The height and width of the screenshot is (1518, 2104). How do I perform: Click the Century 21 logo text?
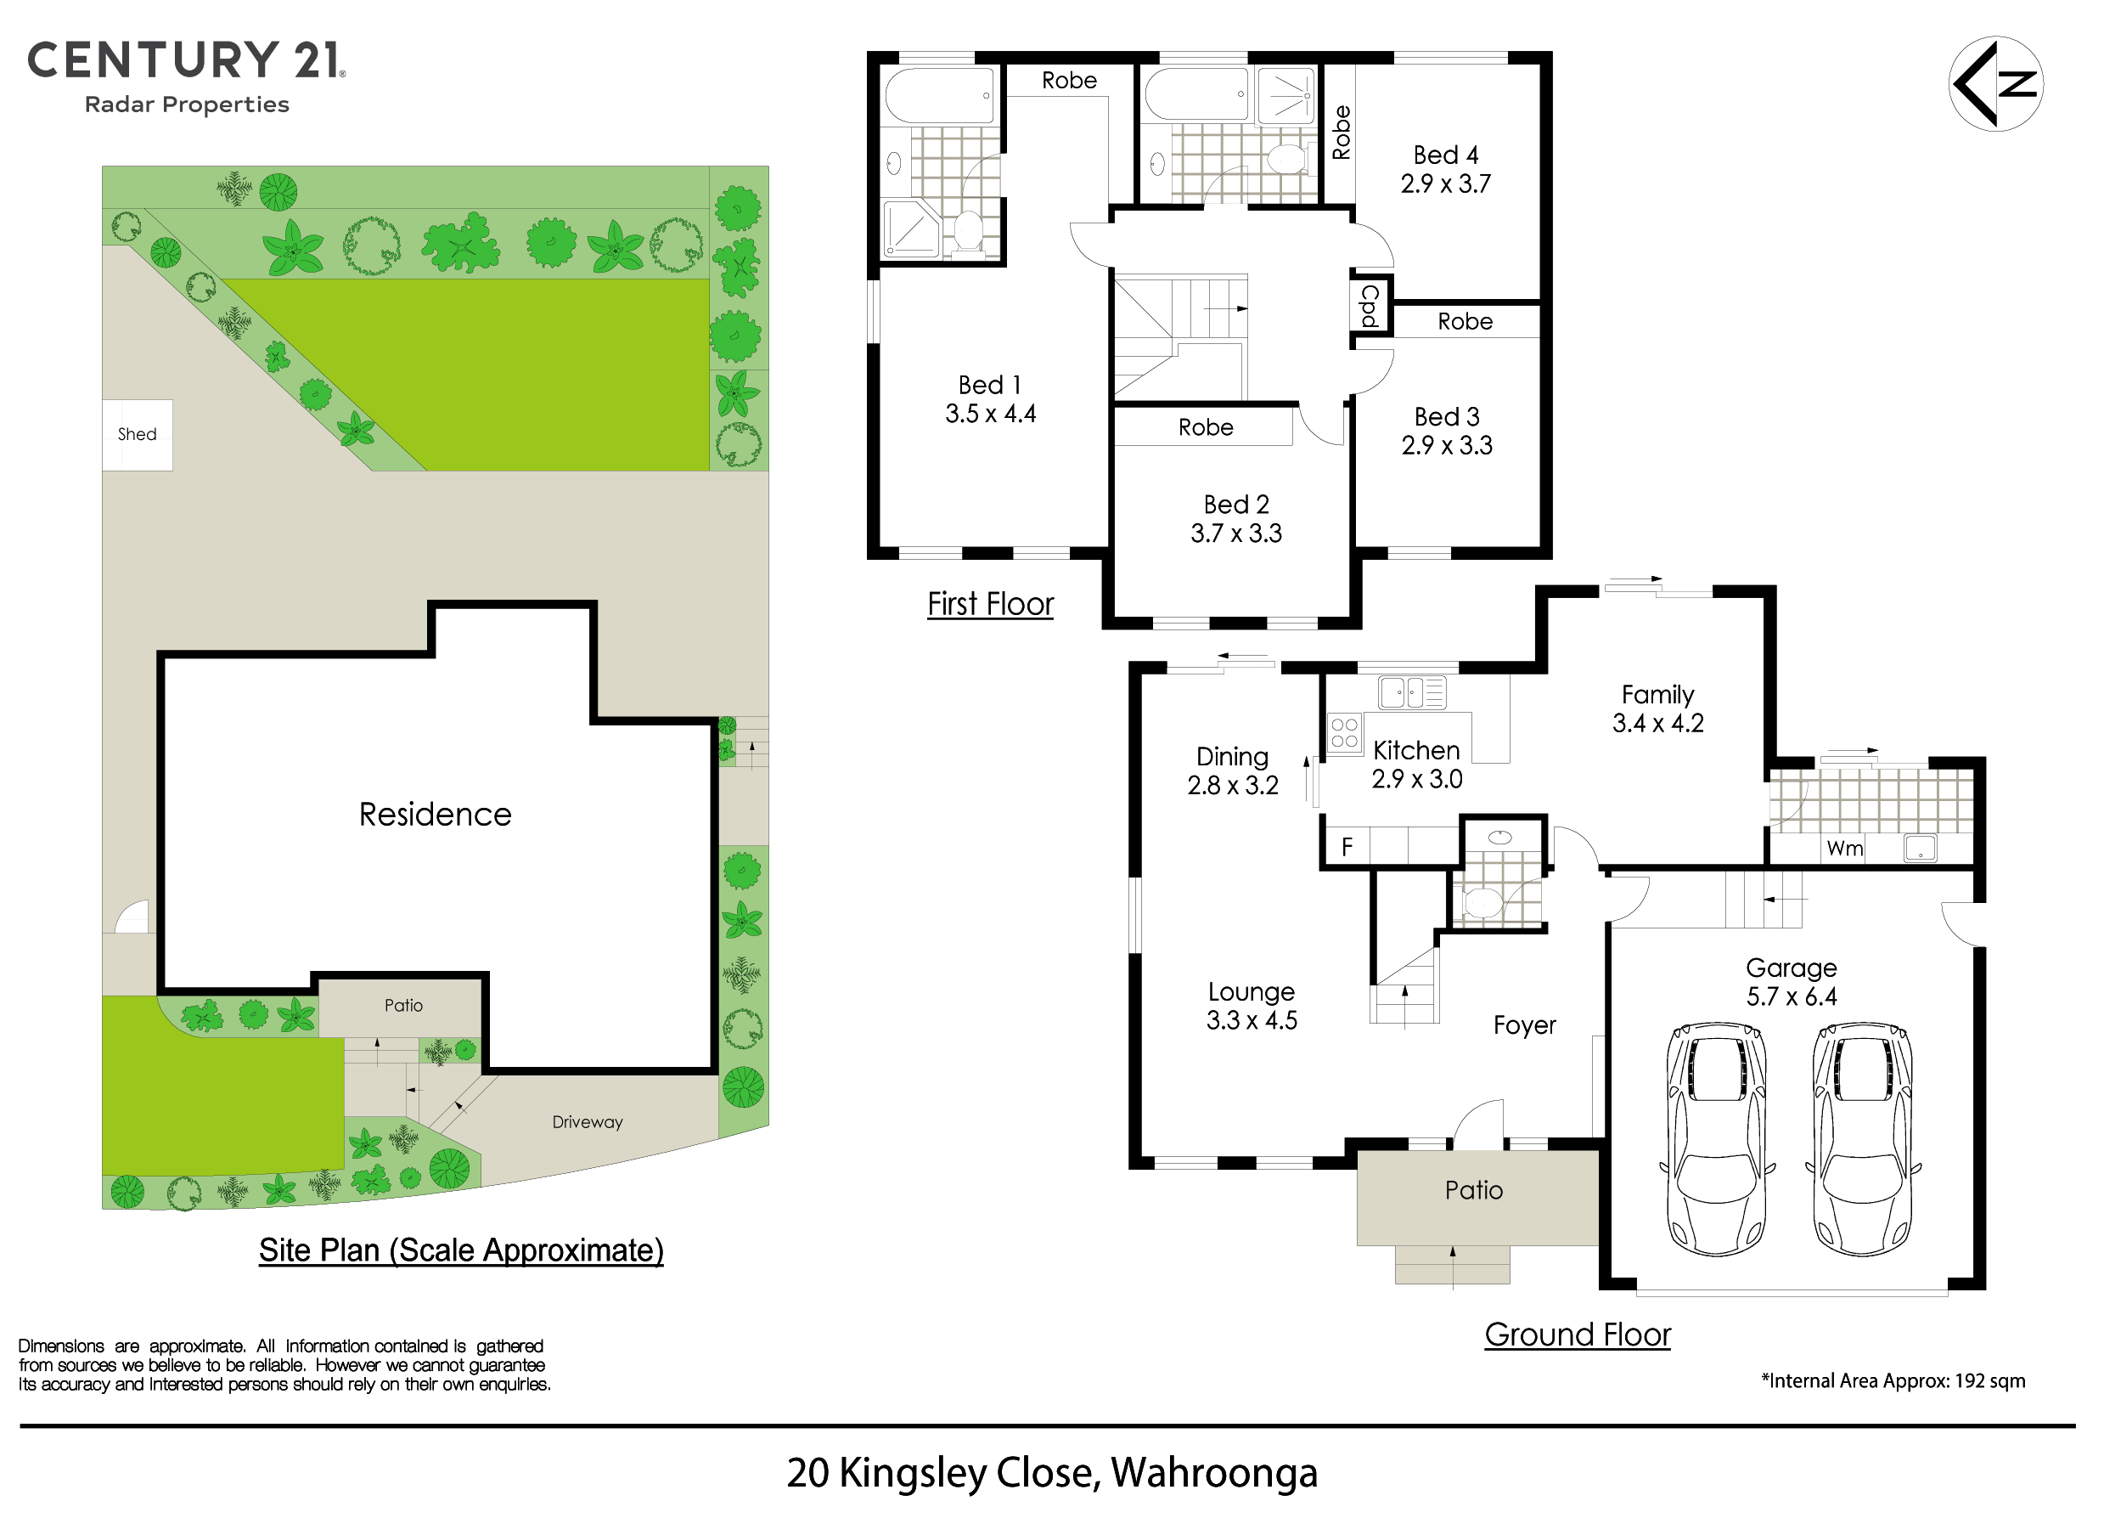coord(187,60)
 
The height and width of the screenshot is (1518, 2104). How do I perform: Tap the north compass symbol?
coord(1995,83)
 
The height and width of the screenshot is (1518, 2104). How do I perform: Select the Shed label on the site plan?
coord(138,434)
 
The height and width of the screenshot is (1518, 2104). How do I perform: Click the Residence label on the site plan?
coord(435,814)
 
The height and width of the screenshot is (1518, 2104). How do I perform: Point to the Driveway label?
coord(588,1122)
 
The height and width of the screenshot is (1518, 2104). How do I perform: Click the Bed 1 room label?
coord(990,385)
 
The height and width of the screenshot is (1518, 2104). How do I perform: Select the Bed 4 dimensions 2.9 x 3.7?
coord(1445,183)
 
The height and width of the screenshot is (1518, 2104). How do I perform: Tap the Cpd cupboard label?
coord(1370,306)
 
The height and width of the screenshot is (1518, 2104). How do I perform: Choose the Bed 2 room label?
coord(1235,505)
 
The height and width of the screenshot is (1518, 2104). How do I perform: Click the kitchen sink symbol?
coord(1412,692)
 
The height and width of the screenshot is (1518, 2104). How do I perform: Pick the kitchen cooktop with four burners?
coord(1344,733)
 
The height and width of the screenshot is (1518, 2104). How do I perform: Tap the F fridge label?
coord(1347,846)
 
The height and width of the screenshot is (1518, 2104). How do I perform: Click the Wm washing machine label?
coord(1845,848)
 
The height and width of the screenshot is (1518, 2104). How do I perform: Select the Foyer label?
coord(1524,1025)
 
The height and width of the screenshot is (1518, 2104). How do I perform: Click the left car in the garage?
coord(1717,1139)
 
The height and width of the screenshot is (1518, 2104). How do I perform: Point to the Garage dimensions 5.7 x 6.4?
coord(1792,996)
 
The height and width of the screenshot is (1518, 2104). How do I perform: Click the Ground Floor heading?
coord(1577,1335)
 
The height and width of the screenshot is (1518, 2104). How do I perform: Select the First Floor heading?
coord(990,604)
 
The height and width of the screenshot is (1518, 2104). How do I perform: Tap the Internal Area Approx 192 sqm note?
coord(1893,1380)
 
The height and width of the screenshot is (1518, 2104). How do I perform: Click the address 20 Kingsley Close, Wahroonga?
coord(1052,1472)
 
